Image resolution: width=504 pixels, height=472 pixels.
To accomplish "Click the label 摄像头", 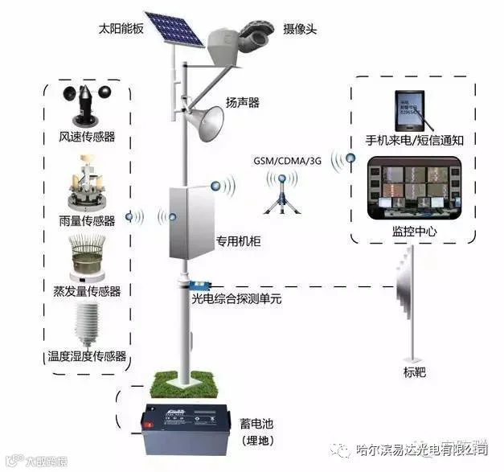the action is [x=299, y=28].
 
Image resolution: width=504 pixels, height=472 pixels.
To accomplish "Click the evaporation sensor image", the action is [x=87, y=257].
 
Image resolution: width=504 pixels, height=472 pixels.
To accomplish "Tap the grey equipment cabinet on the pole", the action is [x=190, y=221].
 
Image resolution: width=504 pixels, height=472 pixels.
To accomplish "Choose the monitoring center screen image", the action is [x=413, y=189].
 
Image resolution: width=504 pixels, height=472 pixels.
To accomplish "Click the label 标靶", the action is [x=414, y=371].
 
